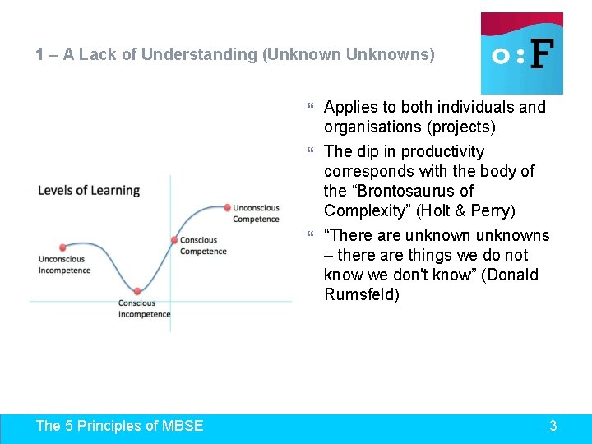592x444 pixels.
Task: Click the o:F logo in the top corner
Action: pyautogui.click(x=521, y=53)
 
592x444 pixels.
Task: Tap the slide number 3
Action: pyautogui.click(x=553, y=425)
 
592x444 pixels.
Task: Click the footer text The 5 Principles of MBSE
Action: pyautogui.click(x=120, y=425)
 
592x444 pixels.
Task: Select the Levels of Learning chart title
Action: pyautogui.click(x=89, y=190)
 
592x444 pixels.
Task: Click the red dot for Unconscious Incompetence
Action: pyautogui.click(x=62, y=247)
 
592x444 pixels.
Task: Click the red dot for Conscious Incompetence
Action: pyautogui.click(x=137, y=291)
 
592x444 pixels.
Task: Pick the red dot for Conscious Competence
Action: pyautogui.click(x=174, y=240)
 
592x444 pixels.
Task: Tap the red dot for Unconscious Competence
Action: pyautogui.click(x=227, y=207)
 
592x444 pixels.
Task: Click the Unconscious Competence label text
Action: pyautogui.click(x=256, y=214)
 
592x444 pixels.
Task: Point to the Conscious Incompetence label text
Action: pyautogui.click(x=144, y=308)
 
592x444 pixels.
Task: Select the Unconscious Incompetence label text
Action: pyautogui.click(x=64, y=265)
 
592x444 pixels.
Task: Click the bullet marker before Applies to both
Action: pyautogui.click(x=310, y=107)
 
